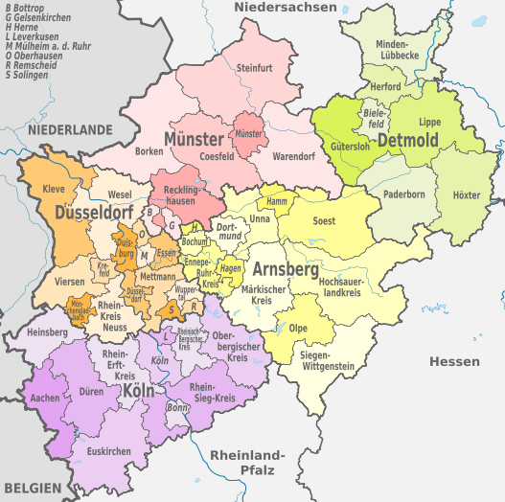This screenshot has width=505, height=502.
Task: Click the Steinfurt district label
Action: click(x=255, y=68)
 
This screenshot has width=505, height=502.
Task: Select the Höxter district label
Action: click(x=467, y=195)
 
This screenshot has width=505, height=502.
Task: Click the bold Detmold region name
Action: click(x=408, y=142)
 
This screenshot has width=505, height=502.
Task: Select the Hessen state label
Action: click(x=454, y=361)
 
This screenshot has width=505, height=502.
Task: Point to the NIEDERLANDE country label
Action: click(x=70, y=128)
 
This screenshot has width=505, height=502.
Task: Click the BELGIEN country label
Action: click(x=32, y=489)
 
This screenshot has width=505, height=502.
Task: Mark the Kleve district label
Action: click(x=54, y=190)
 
